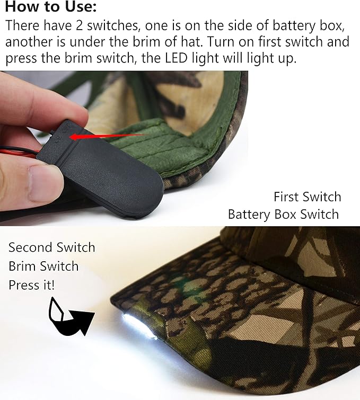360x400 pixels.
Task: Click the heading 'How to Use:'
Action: point(51,6)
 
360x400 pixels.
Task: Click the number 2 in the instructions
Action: point(79,26)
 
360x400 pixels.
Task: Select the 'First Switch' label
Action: point(308,197)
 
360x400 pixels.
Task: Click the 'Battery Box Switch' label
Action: point(284,214)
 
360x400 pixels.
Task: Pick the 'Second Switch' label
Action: point(52,247)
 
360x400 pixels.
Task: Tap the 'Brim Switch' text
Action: point(43,266)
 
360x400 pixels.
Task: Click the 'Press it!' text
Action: point(32,285)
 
